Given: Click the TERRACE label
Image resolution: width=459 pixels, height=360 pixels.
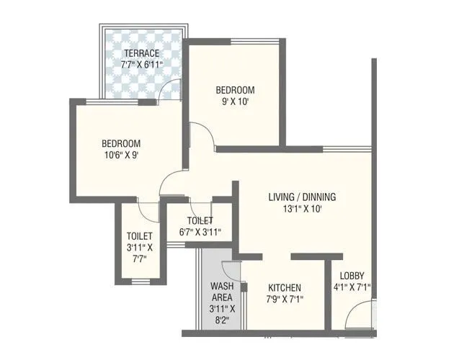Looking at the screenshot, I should click(x=141, y=53).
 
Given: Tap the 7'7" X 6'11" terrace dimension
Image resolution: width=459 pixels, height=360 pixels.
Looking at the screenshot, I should click(x=141, y=65).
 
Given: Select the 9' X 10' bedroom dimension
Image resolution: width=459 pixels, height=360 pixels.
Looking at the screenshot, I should click(x=236, y=102).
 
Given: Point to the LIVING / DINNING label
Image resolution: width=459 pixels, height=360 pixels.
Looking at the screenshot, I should click(x=302, y=197).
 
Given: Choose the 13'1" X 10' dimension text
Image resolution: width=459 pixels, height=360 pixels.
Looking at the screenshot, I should click(x=302, y=209).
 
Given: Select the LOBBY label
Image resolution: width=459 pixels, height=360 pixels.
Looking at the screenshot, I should click(x=352, y=276).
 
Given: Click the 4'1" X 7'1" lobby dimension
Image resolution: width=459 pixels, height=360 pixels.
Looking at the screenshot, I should click(x=352, y=287).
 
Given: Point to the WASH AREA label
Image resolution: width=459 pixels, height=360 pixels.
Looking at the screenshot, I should click(x=221, y=291).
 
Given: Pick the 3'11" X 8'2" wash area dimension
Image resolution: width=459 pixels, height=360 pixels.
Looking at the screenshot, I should click(x=221, y=315).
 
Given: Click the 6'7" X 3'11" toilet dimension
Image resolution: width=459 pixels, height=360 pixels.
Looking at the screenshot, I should click(x=200, y=232).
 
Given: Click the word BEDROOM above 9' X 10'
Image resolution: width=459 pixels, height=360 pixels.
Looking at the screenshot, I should click(x=236, y=90).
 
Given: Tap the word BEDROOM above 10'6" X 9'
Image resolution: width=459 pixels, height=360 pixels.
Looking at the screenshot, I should click(x=120, y=143).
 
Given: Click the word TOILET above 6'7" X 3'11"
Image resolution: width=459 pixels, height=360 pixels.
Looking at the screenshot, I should click(x=200, y=220).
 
